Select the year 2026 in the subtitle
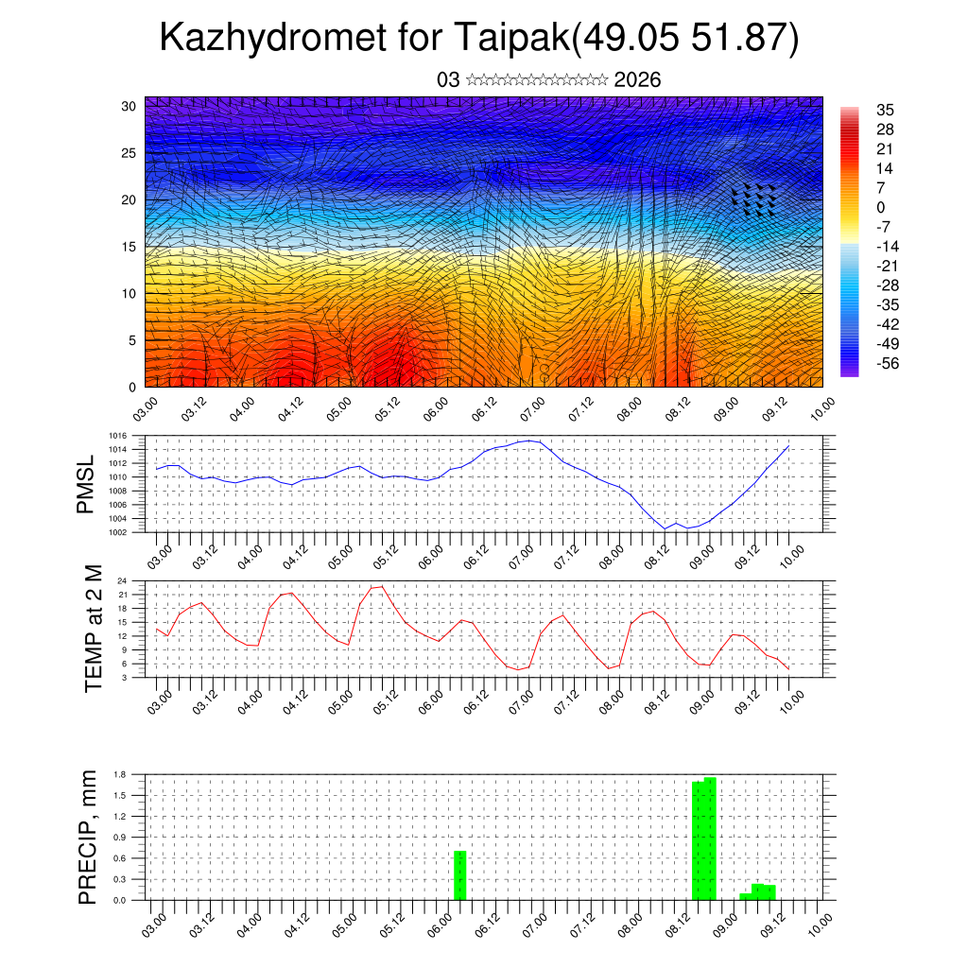(637, 80)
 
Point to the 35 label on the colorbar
(886, 110)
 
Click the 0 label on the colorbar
(881, 207)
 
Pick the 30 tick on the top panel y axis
(130, 106)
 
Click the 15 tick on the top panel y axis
(130, 247)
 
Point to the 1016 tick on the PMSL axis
(117, 436)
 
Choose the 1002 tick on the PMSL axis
(117, 532)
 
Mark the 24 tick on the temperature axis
(122, 580)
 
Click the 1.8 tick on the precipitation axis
(120, 774)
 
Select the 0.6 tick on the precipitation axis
(120, 858)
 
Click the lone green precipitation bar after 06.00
(460, 876)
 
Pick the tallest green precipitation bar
(710, 838)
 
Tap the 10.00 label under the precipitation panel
(819, 920)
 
